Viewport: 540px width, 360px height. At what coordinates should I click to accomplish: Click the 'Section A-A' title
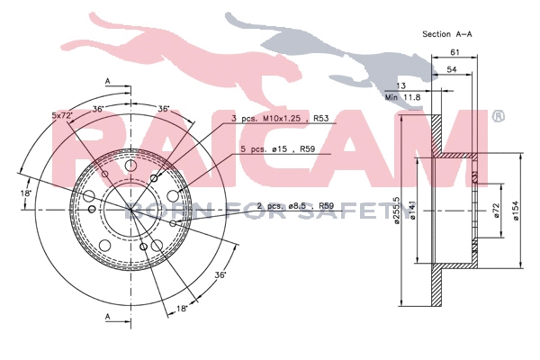tap(447, 33)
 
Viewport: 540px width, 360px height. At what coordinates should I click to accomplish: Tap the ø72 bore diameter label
tap(496, 211)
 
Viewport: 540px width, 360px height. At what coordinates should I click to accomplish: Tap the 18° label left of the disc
tap(28, 193)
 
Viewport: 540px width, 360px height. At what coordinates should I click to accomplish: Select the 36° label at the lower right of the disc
tap(220, 275)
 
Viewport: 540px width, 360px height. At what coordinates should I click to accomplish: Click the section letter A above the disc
tap(107, 81)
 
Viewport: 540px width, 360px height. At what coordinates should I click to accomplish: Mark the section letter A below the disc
tap(107, 317)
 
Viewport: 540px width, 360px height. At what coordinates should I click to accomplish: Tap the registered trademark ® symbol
tap(497, 117)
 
